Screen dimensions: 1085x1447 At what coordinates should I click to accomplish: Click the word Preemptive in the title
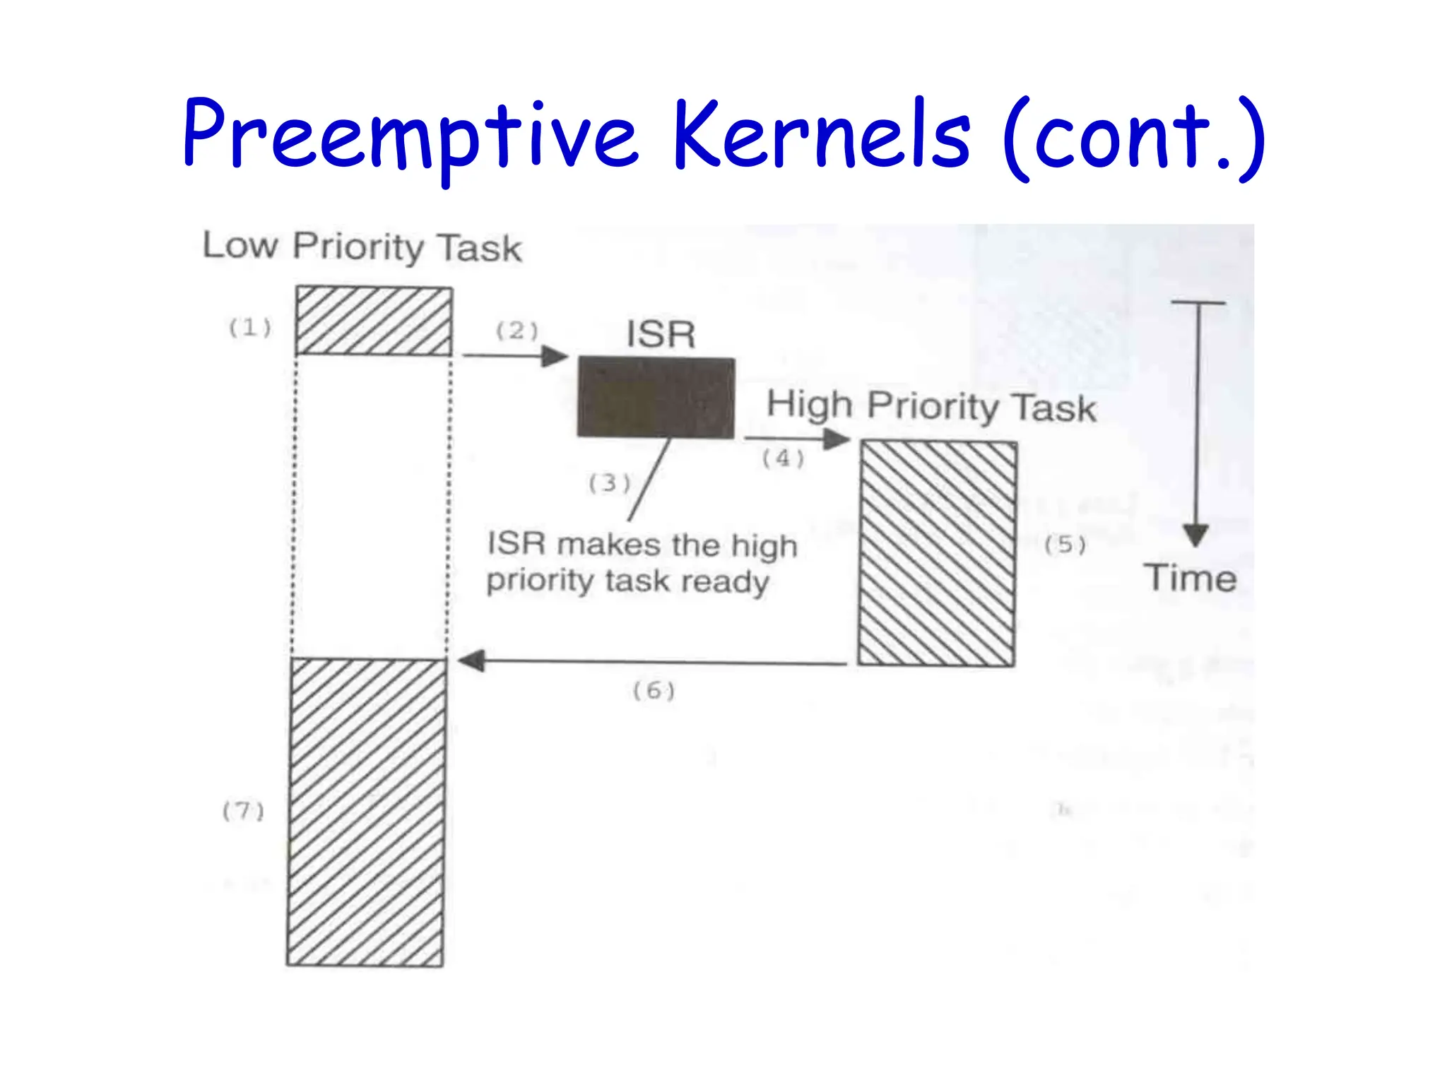point(410,136)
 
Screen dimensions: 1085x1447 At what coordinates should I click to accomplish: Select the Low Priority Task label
point(362,247)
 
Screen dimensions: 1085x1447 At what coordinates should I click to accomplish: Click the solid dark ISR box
point(656,398)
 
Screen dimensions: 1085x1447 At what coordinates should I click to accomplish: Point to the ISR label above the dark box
point(661,334)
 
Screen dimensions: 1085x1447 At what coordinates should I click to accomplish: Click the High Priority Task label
point(931,406)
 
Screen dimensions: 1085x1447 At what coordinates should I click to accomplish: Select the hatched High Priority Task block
point(938,553)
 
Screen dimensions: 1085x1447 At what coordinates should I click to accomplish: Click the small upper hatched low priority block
point(374,321)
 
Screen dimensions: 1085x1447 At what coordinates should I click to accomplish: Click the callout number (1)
point(250,328)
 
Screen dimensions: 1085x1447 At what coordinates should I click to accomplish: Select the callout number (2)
point(516,331)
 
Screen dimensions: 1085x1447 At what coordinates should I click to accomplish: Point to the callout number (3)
point(609,483)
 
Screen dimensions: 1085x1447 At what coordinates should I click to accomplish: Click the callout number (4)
point(783,458)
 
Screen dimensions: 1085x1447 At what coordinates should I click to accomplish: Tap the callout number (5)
point(1065,545)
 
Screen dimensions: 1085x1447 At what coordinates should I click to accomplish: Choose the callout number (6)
point(654,690)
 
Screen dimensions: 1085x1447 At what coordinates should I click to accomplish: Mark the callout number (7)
point(243,811)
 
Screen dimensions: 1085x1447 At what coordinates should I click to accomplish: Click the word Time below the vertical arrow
point(1191,579)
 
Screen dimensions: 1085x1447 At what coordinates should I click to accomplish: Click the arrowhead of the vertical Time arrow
point(1195,535)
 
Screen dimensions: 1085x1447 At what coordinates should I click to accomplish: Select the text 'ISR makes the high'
point(642,545)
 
